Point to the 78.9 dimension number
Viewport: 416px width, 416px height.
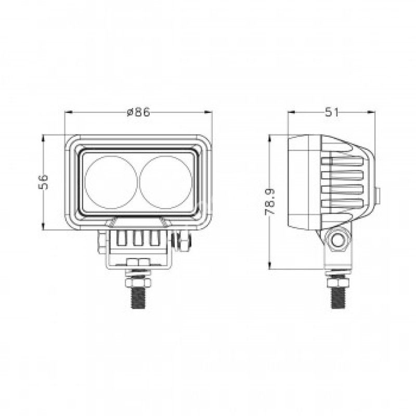pyautogui.click(x=269, y=203)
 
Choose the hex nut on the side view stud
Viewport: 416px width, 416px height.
pyautogui.click(x=339, y=282)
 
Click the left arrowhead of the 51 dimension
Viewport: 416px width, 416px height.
pyautogui.click(x=291, y=112)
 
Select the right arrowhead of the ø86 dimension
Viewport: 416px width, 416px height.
pyautogui.click(x=209, y=112)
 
